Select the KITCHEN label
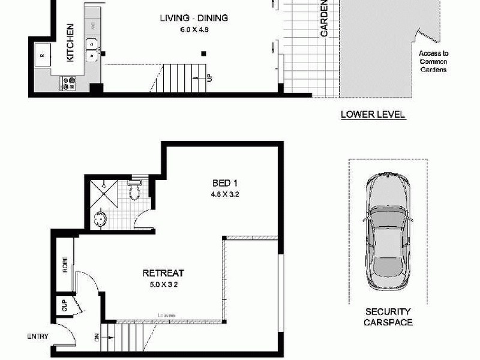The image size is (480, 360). [70, 43]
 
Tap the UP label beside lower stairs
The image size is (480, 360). [209, 77]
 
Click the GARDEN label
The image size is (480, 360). [324, 19]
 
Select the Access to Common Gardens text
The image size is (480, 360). [434, 61]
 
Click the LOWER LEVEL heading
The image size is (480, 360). [373, 114]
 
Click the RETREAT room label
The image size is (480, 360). [163, 272]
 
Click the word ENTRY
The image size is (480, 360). [37, 337]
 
